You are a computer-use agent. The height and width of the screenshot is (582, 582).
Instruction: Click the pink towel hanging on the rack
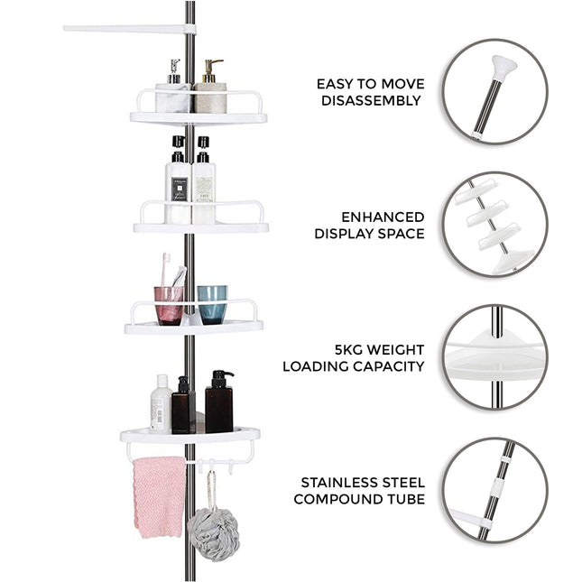point(158,495)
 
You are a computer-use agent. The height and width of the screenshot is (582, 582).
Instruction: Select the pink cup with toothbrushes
point(169,303)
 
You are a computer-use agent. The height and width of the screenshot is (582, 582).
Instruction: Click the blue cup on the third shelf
point(212,303)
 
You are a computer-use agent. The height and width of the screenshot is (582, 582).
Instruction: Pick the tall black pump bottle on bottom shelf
point(219,405)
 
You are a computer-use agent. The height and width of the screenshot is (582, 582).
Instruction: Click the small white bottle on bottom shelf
point(161,405)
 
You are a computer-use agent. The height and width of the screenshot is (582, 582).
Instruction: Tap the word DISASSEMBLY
point(371,101)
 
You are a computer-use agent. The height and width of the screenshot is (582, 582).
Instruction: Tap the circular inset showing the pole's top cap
point(494,91)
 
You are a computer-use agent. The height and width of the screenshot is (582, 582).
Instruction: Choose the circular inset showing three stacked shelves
point(494,224)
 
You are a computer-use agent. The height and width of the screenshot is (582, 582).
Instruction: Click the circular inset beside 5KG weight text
point(494,356)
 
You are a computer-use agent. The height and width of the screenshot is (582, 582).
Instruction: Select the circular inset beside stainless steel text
point(494,489)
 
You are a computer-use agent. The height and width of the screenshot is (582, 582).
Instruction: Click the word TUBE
point(404,499)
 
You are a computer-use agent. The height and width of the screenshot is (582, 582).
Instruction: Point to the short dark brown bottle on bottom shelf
point(183,409)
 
